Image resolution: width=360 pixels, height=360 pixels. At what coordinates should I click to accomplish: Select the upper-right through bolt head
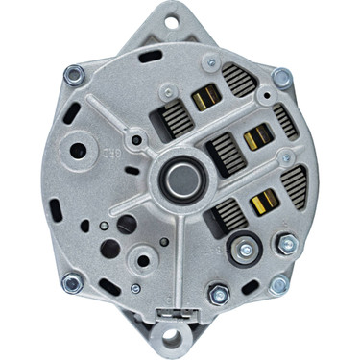(x=280, y=77)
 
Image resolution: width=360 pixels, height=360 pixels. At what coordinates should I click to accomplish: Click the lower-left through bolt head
(x=70, y=282)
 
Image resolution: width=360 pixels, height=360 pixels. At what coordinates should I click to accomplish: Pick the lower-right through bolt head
(x=278, y=284)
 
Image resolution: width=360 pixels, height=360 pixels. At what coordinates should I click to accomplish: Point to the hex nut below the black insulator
(x=218, y=295)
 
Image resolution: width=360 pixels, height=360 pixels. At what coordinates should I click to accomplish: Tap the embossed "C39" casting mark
(x=109, y=152)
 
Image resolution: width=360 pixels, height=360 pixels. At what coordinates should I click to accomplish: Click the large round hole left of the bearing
(x=75, y=152)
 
